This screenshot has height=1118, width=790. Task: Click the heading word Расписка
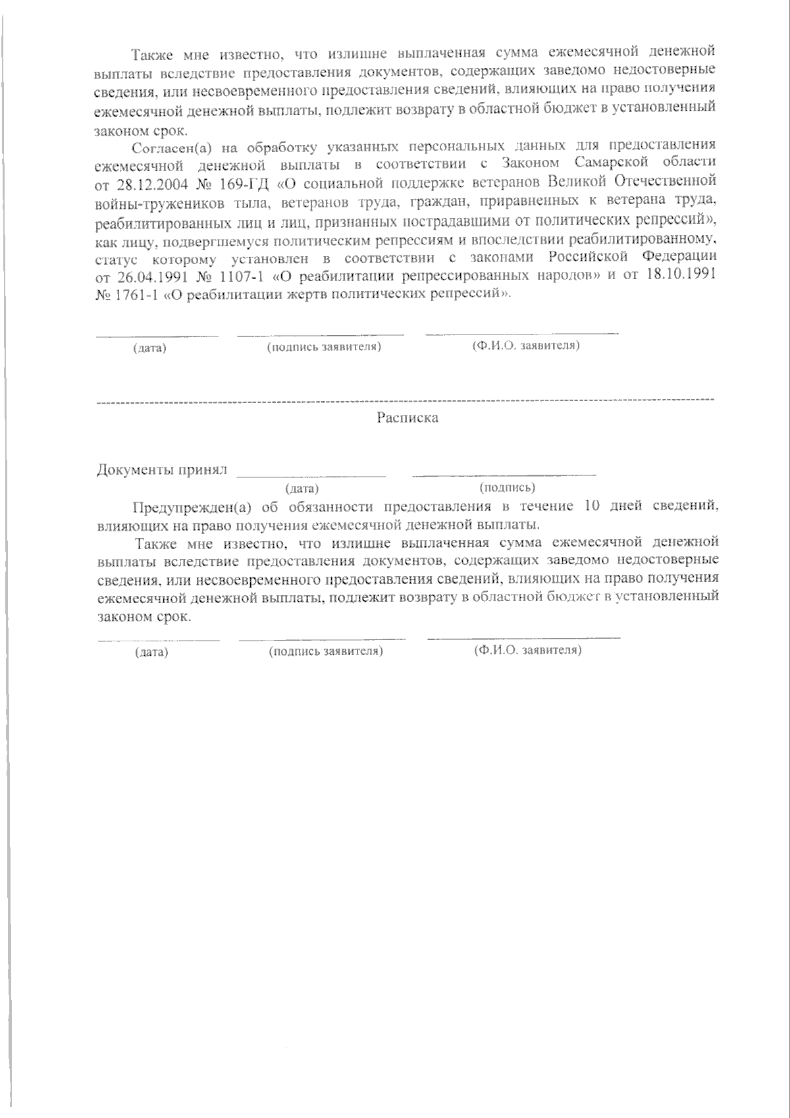pyautogui.click(x=408, y=417)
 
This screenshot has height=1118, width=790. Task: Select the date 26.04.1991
pyautogui.click(x=155, y=276)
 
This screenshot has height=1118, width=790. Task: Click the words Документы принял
pyautogui.click(x=162, y=469)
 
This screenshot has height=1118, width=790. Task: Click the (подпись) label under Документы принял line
pyautogui.click(x=507, y=487)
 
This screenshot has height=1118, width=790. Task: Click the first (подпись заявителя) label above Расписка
pyautogui.click(x=324, y=346)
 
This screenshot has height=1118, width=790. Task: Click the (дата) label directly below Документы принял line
pyautogui.click(x=302, y=489)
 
